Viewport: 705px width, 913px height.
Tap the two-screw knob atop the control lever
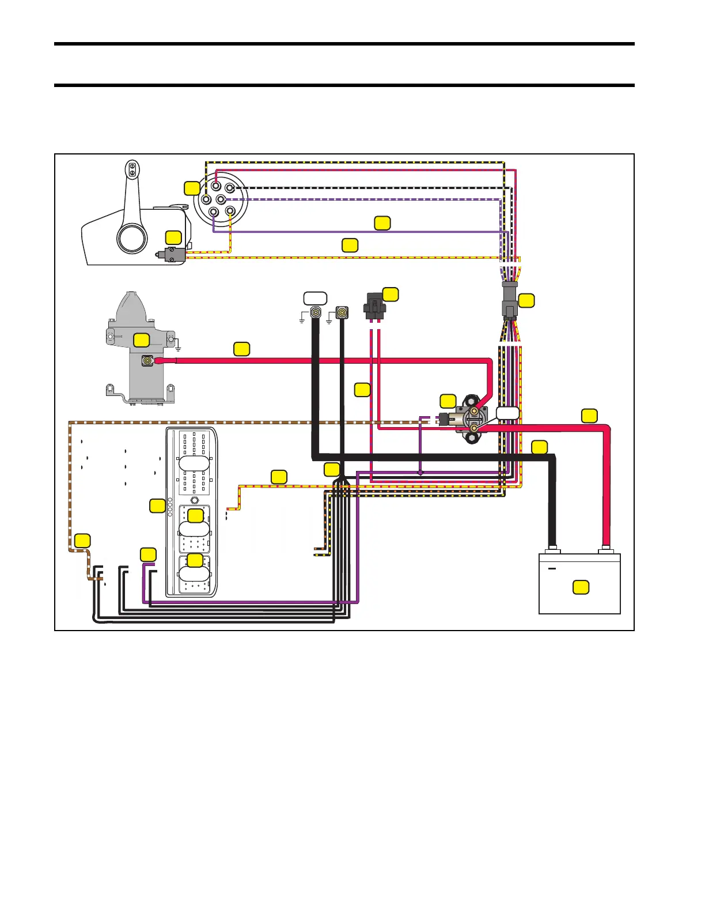[132, 169]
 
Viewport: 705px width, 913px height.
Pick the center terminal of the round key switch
[220, 199]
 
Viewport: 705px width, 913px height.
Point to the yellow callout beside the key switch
[192, 188]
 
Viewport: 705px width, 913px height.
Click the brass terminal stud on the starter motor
[148, 361]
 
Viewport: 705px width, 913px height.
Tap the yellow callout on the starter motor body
[142, 340]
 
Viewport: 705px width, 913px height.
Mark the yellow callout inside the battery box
[581, 587]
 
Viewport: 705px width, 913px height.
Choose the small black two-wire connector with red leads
[375, 307]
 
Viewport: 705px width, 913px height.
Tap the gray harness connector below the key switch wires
[510, 300]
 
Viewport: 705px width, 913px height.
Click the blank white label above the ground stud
[315, 299]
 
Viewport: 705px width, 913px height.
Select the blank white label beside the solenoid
[507, 413]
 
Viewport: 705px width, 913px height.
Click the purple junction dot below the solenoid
[420, 473]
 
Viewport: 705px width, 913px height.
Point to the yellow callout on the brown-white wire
[82, 541]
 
